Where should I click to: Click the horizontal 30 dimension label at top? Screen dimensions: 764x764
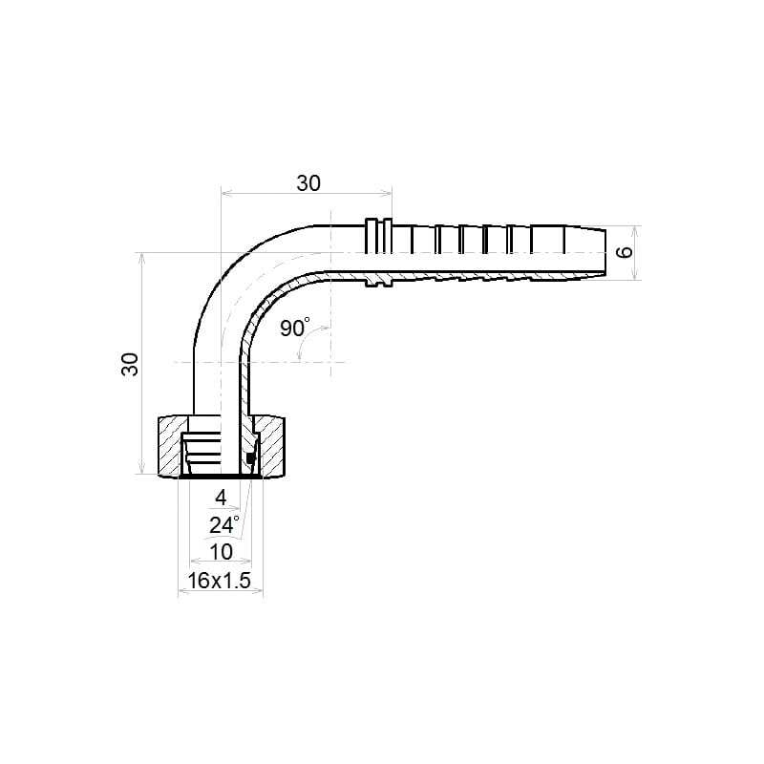tap(308, 183)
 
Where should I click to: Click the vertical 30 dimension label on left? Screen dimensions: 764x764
tap(130, 364)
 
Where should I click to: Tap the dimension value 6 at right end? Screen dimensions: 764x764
tap(625, 252)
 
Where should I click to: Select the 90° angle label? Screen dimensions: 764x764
tap(295, 328)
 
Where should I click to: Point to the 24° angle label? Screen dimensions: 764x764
tap(224, 525)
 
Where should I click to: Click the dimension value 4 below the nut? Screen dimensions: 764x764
tap(221, 498)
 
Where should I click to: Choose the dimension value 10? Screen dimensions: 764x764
tap(221, 552)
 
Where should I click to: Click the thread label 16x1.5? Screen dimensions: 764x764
tap(220, 581)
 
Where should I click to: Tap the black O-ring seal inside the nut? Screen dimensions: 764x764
tap(250, 458)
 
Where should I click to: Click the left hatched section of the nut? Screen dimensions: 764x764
tap(170, 445)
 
